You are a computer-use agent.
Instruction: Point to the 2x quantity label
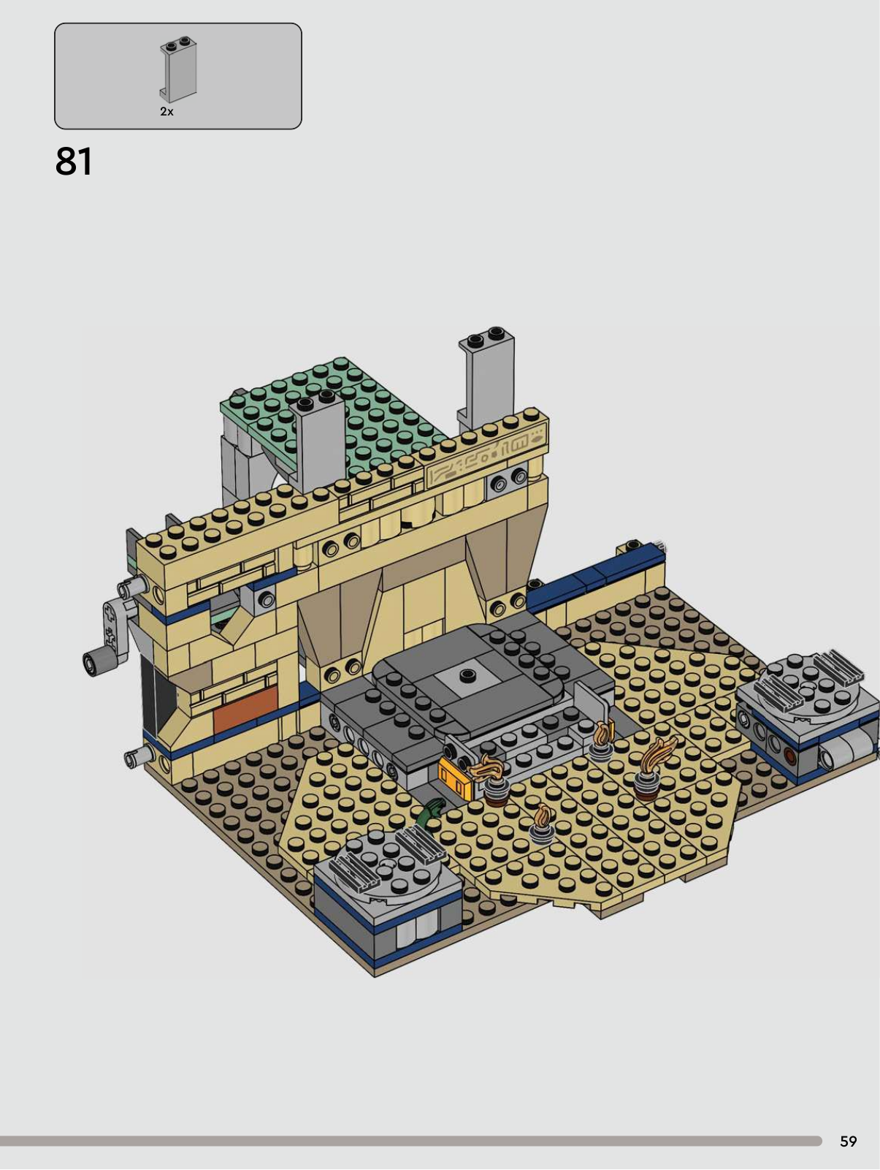(167, 111)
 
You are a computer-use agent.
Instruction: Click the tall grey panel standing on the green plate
(318, 442)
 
